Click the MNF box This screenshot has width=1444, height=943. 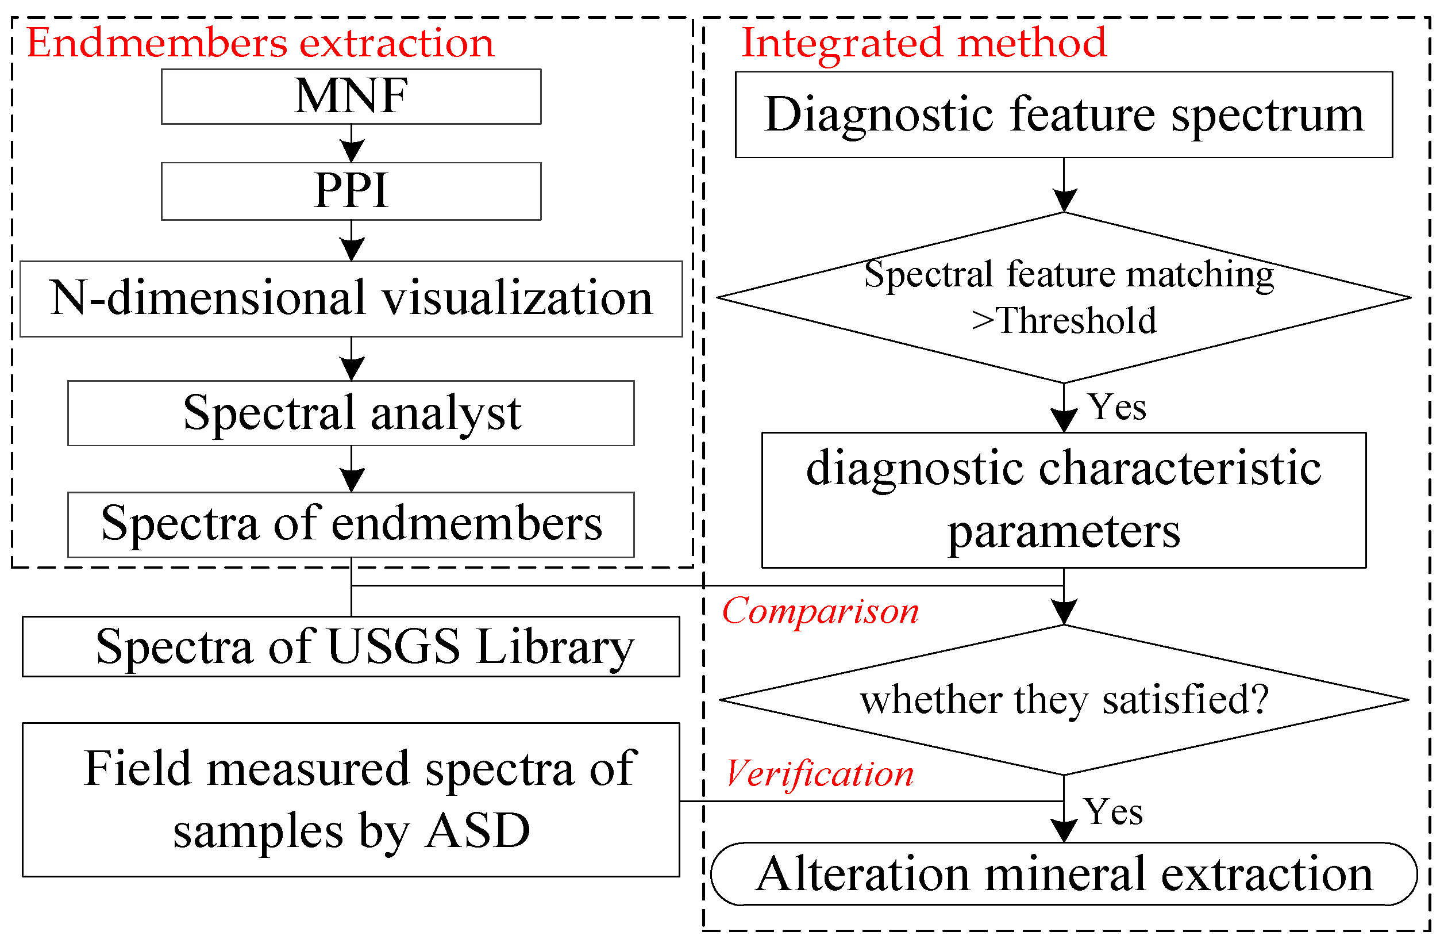pos(351,97)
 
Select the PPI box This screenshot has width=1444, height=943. pos(351,191)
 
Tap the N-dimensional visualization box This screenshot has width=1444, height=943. pos(351,299)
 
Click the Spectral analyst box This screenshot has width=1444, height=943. pos(351,413)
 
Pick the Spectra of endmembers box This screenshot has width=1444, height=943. pos(351,524)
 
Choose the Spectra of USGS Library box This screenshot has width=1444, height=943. pos(351,647)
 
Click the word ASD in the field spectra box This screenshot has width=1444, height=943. pos(478,831)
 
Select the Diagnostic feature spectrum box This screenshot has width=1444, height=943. pos(1063,115)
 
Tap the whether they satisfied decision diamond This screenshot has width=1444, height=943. pos(1063,700)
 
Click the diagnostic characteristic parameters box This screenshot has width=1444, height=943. pos(1063,500)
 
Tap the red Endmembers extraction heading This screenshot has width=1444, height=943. pos(260,44)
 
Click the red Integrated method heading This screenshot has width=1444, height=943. pos(923,44)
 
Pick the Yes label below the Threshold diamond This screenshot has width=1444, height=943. pos(1116,408)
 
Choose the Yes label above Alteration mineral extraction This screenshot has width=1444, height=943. pos(1114,812)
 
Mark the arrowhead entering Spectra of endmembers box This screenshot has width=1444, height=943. pos(351,480)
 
